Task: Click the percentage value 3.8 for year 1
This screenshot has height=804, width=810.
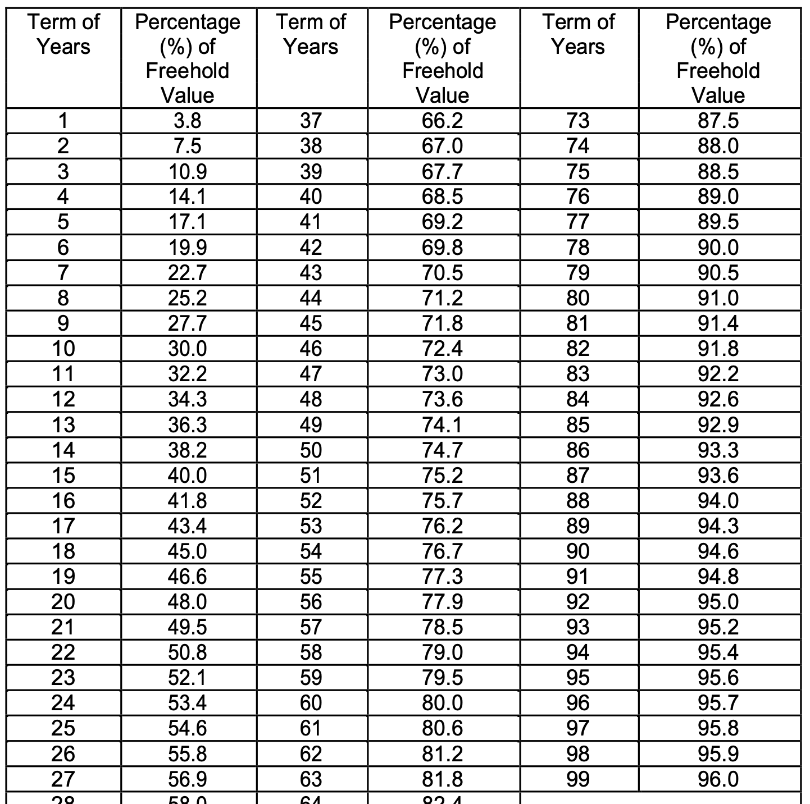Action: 188,121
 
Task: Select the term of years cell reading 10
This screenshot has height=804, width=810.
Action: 63,349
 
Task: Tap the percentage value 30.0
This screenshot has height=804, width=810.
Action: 188,349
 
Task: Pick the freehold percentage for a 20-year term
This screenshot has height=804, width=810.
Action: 188,602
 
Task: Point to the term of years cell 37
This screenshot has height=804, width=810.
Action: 311,121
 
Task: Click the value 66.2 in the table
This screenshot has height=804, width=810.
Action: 443,121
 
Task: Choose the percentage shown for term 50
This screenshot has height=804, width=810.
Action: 443,450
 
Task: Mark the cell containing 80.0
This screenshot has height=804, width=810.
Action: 443,703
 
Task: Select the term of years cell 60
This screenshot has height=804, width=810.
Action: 311,703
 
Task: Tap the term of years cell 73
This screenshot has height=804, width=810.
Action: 578,121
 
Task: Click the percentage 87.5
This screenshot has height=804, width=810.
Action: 718,121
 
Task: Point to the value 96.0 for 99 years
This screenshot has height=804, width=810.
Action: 718,779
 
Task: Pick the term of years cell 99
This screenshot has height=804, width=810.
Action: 578,779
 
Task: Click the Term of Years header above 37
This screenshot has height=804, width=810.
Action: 311,34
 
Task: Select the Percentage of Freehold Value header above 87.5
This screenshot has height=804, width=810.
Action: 718,58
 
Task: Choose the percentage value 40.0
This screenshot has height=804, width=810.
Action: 188,476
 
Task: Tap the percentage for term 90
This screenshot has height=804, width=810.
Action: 718,551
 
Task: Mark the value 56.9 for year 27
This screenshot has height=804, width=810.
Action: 188,779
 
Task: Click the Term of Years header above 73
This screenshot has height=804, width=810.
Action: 578,34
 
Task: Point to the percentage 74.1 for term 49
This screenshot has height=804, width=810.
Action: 443,425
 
